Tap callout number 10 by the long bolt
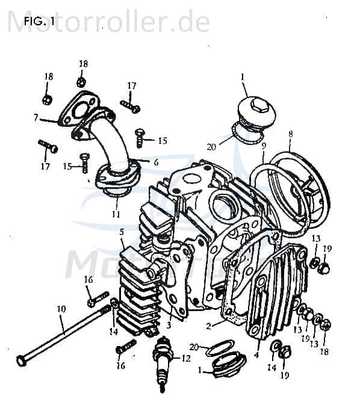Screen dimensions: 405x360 tap(61, 309)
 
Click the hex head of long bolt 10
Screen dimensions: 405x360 tap(21, 360)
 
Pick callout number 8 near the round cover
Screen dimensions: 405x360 tap(290, 134)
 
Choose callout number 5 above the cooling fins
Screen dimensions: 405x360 tap(122, 231)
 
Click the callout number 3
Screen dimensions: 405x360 tap(169, 325)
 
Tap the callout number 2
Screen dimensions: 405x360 tap(208, 327)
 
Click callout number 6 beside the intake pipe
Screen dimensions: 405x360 tap(156, 162)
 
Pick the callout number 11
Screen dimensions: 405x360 tap(116, 214)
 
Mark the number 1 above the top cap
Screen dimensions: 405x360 tap(243, 77)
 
